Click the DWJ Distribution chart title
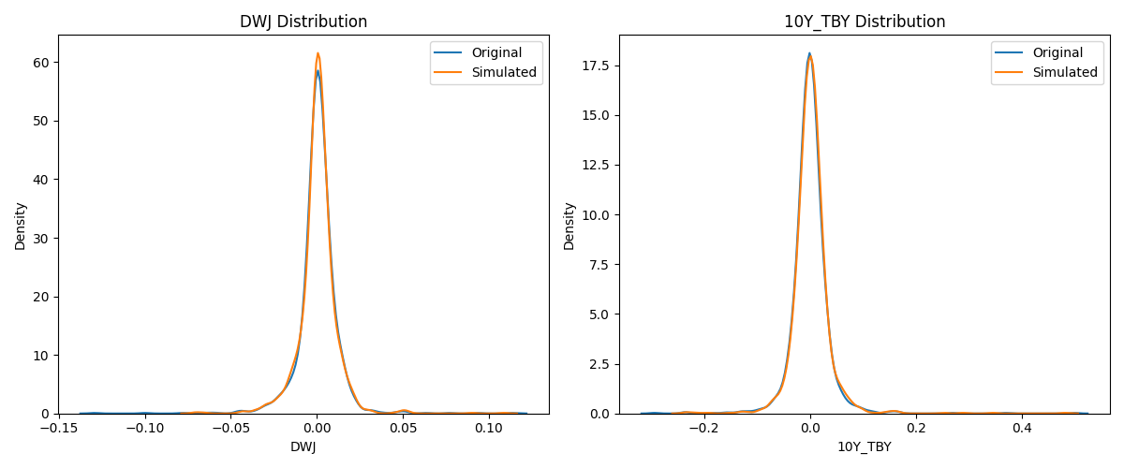point(303,22)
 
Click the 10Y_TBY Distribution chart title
point(865,22)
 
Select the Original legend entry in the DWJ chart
point(496,52)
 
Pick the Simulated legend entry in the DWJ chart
point(503,72)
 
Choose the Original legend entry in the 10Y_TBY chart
point(1057,52)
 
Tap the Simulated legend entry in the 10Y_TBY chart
point(1064,72)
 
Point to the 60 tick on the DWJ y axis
point(43,62)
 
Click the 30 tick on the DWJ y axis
point(43,238)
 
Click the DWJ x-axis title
point(303,447)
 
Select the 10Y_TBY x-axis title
point(865,447)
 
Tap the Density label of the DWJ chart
point(21,225)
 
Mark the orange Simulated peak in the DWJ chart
point(318,53)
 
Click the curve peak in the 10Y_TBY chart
point(809,54)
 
